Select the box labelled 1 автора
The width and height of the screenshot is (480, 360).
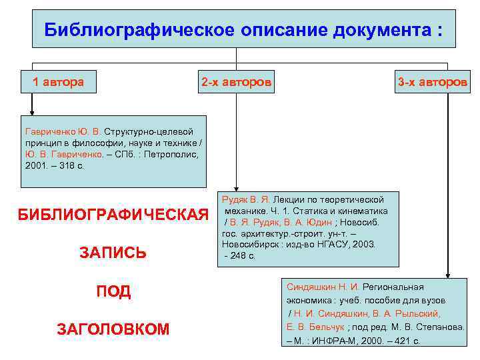(59, 83)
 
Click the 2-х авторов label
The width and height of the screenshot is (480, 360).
(236, 83)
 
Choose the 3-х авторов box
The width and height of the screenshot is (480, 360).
(433, 83)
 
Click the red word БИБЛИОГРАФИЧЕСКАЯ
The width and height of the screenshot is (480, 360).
(113, 215)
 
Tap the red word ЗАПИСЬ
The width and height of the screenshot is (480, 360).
(112, 253)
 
